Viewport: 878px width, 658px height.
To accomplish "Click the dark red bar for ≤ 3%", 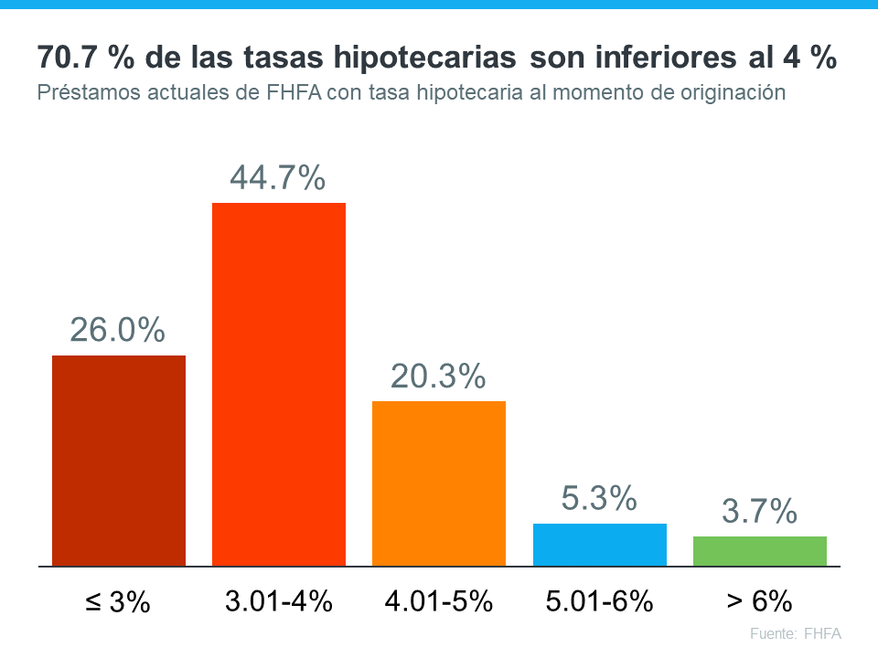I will point(119,461).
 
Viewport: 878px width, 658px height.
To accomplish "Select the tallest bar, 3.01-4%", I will point(279,384).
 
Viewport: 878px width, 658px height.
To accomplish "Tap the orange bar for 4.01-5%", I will point(439,483).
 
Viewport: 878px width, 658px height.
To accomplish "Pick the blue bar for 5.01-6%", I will point(600,545).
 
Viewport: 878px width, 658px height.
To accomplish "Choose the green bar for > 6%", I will point(760,551).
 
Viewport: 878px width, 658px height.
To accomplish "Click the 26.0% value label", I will point(118,330).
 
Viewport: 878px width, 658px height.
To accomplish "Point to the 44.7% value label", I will point(277,178).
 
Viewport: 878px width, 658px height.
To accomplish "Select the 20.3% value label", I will point(438,377).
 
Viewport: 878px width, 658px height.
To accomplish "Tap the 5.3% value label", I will point(599,499).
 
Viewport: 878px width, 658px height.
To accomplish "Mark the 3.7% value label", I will point(759,513).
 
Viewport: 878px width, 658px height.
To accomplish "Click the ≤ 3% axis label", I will point(116,602).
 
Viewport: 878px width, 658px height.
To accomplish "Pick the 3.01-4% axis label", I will point(278,601).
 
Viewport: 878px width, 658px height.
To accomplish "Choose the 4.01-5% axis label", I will point(439,601).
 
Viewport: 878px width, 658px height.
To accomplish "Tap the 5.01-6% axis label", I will point(600,601).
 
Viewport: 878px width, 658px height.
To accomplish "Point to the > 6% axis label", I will point(759,601).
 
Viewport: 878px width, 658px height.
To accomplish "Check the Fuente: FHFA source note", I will point(795,633).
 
